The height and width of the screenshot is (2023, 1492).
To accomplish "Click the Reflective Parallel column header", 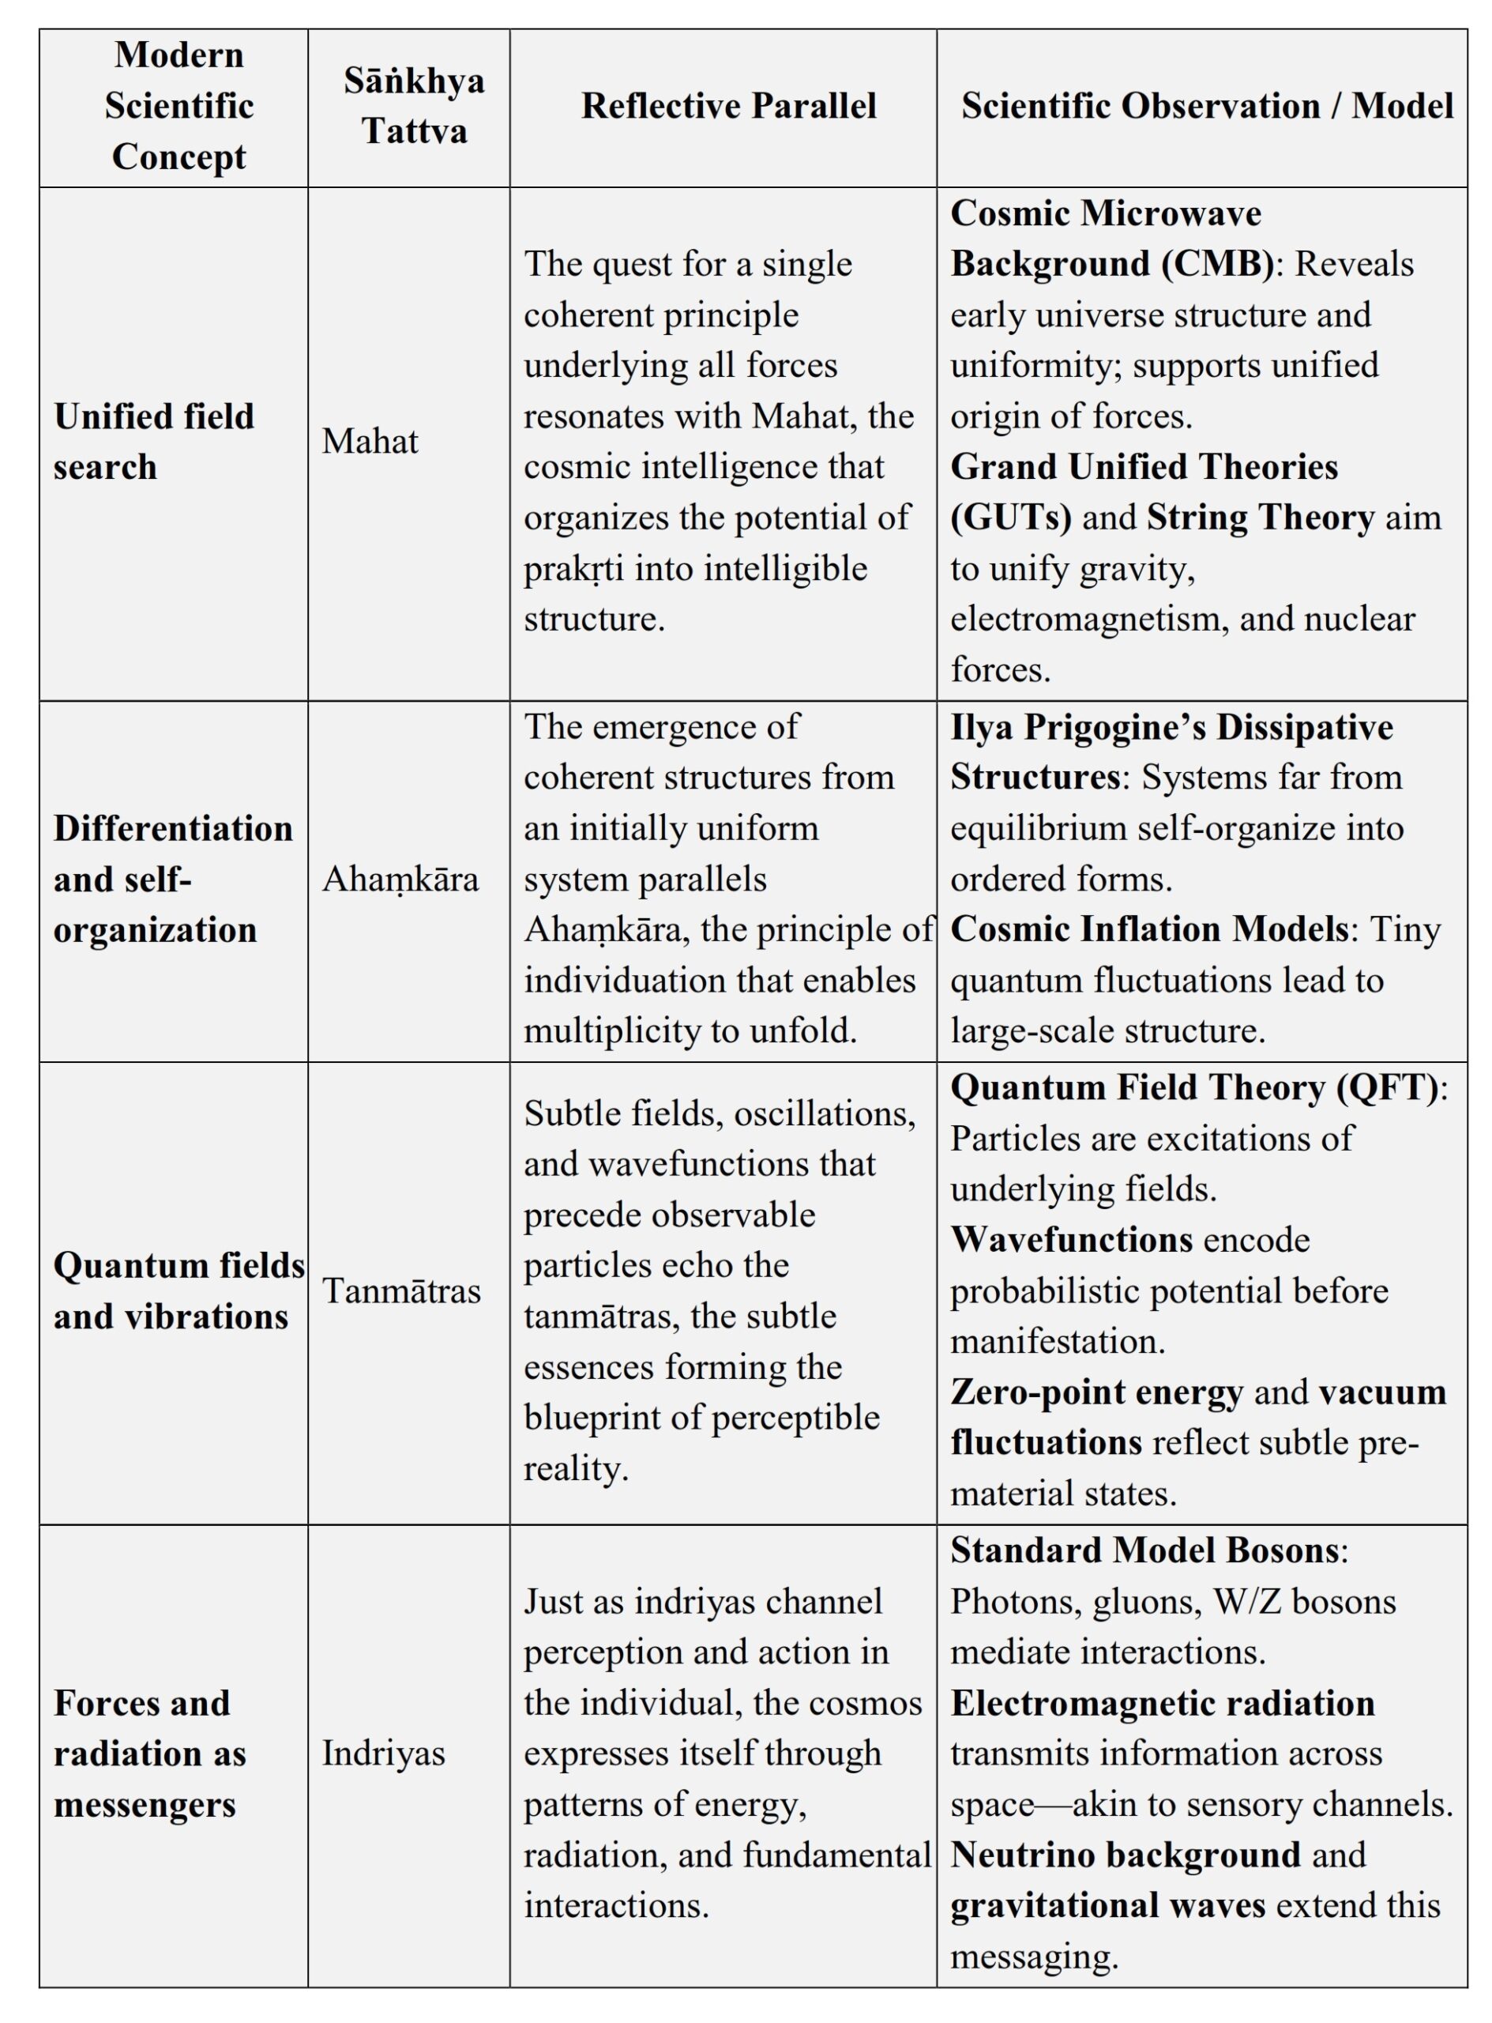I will coord(728,106).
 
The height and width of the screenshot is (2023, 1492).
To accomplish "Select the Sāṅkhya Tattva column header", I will coord(414,106).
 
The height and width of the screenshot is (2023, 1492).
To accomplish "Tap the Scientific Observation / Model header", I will coord(1207,106).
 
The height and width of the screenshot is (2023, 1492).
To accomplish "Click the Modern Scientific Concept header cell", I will coord(179,106).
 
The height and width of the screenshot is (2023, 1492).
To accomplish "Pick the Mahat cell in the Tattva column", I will coord(370,441).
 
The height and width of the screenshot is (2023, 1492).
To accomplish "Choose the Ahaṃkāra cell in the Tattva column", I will coord(400,878).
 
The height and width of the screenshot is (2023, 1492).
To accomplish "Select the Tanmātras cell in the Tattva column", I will coord(401,1290).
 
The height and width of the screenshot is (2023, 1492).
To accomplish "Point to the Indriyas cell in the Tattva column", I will coord(384,1753).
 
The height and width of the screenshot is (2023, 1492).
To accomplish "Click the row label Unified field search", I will coord(153,441).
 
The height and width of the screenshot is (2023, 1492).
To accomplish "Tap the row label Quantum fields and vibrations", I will coord(179,1290).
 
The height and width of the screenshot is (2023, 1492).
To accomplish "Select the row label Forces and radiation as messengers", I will coord(149,1753).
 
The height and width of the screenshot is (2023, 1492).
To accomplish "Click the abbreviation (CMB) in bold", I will coord(1216,264).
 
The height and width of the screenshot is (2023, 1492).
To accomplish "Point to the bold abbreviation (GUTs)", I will coord(1011,518).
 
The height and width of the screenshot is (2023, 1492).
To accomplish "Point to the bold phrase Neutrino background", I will coord(1126,1855).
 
